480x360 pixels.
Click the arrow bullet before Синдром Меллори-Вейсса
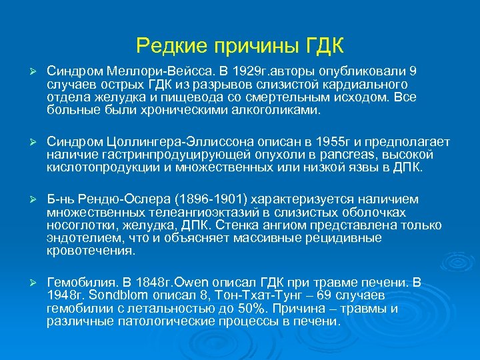click(29, 72)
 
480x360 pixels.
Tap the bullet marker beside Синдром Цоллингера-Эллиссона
click(29, 143)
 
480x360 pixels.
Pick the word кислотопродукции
click(94, 167)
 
